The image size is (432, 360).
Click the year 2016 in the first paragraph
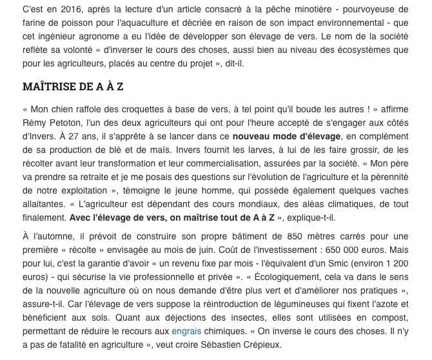tap(75, 10)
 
